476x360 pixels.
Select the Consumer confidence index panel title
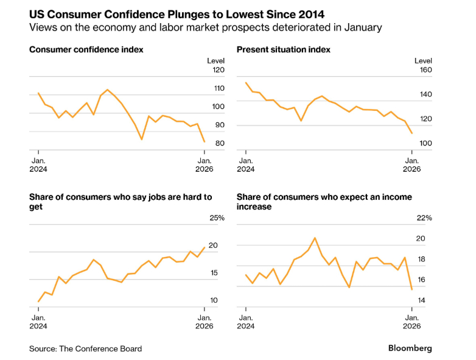click(86, 49)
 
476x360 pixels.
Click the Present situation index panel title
click(283, 49)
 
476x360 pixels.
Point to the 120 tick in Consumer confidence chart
click(217, 70)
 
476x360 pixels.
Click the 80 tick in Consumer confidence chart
click(219, 143)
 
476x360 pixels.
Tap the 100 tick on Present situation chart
click(424, 143)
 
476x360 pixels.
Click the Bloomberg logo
click(410, 348)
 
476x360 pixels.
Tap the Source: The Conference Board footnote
click(85, 349)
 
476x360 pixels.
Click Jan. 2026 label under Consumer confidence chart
click(204, 165)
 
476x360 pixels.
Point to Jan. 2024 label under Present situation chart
click(246, 165)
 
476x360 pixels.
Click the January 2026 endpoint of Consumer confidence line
click(205, 142)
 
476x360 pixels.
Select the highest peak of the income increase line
click(315, 238)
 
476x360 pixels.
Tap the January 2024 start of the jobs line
click(38, 302)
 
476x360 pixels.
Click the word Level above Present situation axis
click(423, 61)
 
